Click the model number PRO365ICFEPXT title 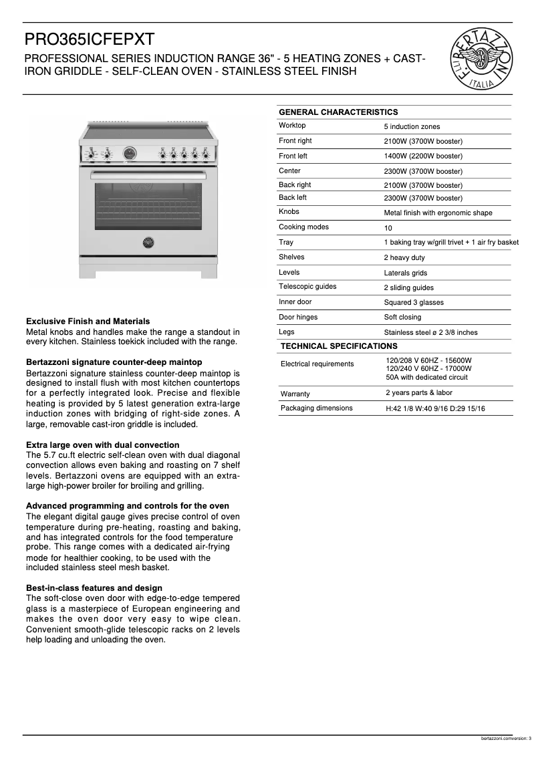point(90,39)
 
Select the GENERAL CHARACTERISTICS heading point(338,112)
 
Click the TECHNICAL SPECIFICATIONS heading point(339,346)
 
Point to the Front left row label point(293,156)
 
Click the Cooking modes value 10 point(388,228)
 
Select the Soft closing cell point(402,318)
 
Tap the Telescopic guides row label point(307,287)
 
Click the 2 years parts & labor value point(418,393)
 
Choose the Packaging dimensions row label point(316,408)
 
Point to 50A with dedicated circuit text point(426,377)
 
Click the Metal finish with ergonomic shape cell point(438,213)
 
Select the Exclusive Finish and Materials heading point(88,322)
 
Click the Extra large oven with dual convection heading point(102,445)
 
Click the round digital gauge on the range point(130,154)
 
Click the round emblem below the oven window point(148,243)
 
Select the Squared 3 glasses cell point(414,303)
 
